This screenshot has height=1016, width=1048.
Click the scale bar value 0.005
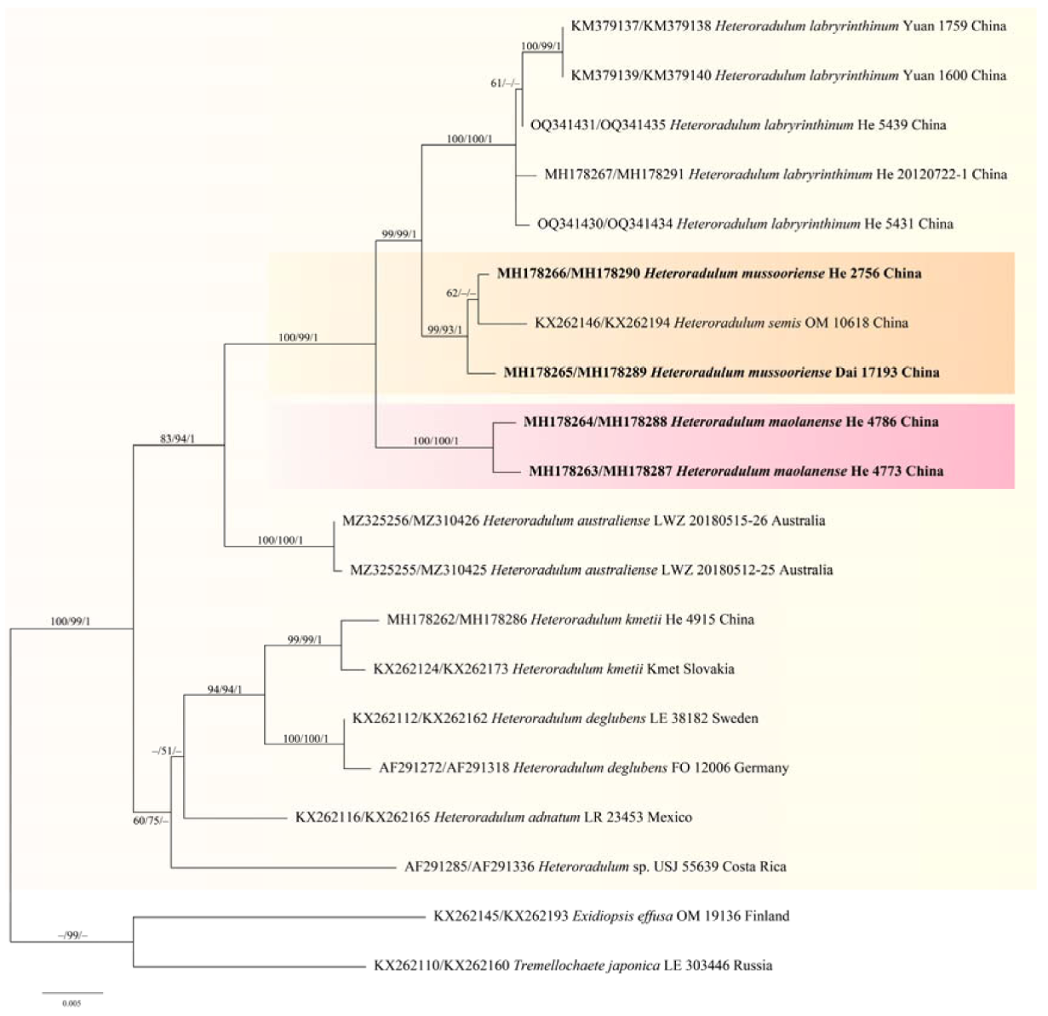[72, 1004]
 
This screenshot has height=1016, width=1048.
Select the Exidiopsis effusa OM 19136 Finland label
[611, 916]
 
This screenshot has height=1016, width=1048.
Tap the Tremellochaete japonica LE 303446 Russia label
[573, 966]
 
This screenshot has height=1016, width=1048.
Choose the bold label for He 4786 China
[730, 422]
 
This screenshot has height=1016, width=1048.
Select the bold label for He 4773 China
[736, 471]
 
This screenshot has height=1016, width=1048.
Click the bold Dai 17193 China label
[721, 372]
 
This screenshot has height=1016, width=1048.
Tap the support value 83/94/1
[179, 439]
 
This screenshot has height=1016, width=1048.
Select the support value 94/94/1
[225, 690]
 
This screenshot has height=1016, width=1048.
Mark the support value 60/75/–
[152, 821]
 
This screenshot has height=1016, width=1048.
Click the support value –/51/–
[166, 750]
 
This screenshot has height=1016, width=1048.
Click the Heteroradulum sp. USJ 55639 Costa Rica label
[595, 867]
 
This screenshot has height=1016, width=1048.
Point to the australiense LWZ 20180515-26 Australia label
[583, 520]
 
